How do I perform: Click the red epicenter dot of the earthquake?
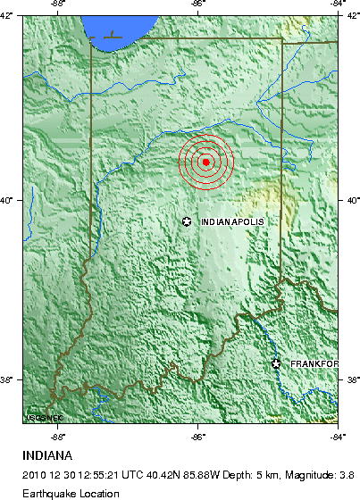tap(206, 162)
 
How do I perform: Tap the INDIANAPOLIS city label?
tap(234, 221)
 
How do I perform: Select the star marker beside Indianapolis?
tap(187, 221)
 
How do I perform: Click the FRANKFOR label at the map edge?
tap(313, 363)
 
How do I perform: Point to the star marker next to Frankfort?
tap(276, 362)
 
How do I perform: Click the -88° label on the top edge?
tap(59, 4)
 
